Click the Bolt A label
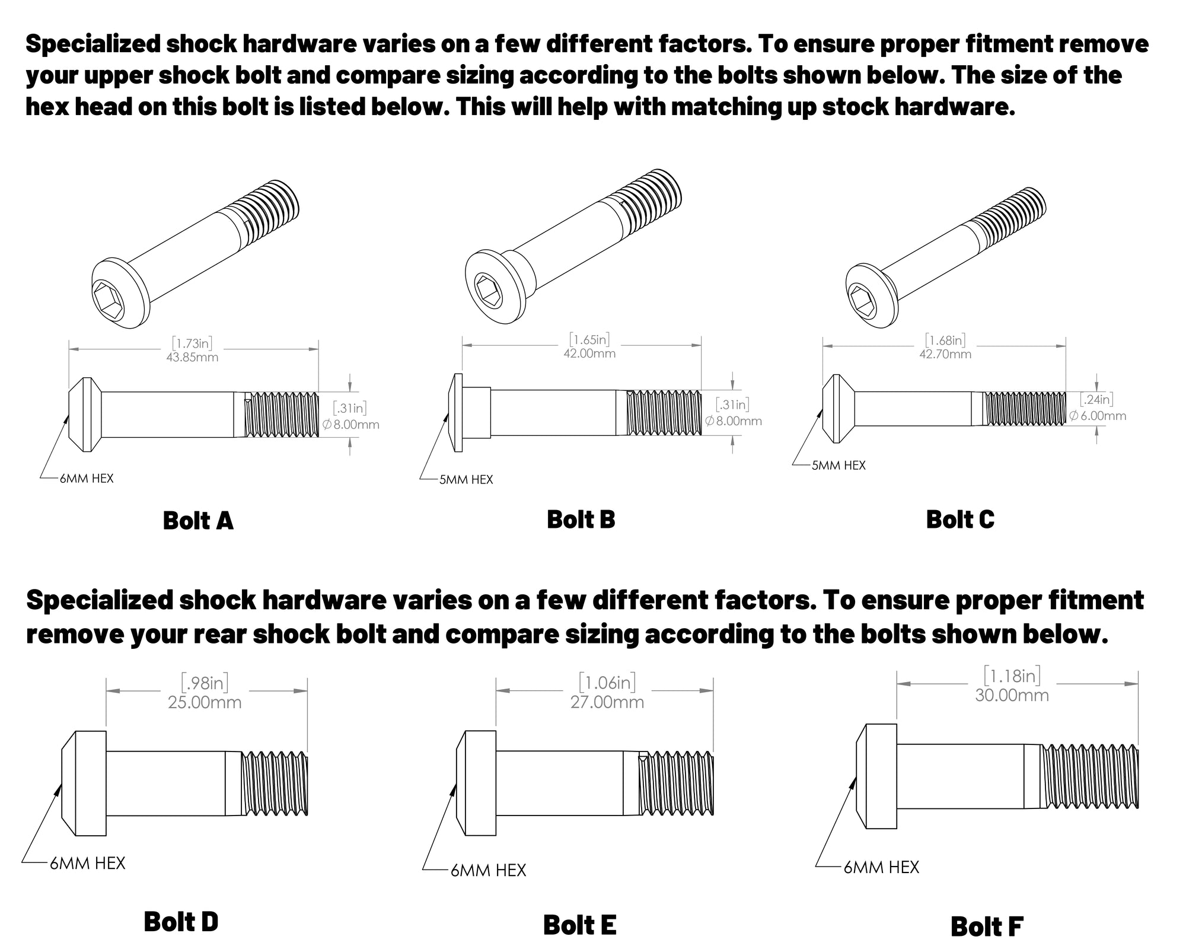[x=198, y=521]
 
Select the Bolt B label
[x=581, y=520]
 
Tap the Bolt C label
[x=960, y=520]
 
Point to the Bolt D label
[x=181, y=922]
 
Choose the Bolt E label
[x=579, y=925]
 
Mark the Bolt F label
[x=987, y=926]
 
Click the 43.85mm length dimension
[x=192, y=358]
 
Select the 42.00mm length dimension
[x=589, y=354]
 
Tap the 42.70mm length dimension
[x=945, y=354]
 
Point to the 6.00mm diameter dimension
[x=1098, y=416]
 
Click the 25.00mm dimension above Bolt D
[x=205, y=703]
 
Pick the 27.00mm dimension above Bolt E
[x=607, y=702]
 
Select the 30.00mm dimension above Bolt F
[x=1012, y=695]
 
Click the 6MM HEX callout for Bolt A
[x=87, y=479]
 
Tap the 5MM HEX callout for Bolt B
[x=466, y=480]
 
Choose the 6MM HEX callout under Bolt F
[x=881, y=868]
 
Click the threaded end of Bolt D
[x=275, y=783]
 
